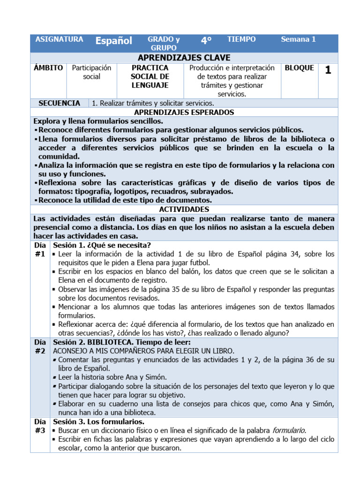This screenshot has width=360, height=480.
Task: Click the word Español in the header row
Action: tap(113, 41)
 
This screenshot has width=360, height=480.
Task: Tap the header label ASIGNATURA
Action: tap(59, 39)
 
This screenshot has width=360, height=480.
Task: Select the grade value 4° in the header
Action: tap(206, 41)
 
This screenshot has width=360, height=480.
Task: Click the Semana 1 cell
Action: tap(298, 39)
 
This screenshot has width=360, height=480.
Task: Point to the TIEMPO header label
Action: tap(241, 39)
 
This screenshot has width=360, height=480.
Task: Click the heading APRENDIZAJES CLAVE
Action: tap(184, 58)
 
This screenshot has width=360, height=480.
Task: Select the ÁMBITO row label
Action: tap(48, 68)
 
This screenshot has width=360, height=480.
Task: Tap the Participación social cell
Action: tap(91, 72)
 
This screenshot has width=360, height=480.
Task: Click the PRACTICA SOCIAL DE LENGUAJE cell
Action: tap(150, 76)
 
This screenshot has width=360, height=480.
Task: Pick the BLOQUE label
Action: tap(299, 68)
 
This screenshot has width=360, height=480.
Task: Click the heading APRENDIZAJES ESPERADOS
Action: tap(184, 112)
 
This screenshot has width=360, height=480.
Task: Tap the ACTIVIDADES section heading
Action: tap(184, 210)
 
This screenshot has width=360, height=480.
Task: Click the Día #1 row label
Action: tap(40, 249)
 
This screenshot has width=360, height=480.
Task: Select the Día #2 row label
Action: tap(40, 346)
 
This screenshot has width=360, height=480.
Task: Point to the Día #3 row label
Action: tap(40, 426)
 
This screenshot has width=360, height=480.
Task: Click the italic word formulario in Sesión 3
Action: tap(289, 430)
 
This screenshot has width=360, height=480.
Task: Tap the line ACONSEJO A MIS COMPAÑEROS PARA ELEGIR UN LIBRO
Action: tap(143, 351)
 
